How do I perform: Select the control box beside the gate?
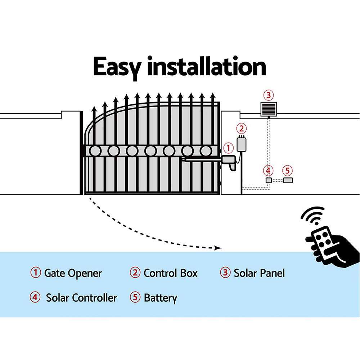click(x=240, y=145)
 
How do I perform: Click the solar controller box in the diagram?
click(x=268, y=180)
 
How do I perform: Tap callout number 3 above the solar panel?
click(x=268, y=95)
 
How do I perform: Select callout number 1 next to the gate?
click(x=228, y=148)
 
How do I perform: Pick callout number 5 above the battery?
click(x=287, y=170)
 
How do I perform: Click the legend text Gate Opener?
click(x=73, y=273)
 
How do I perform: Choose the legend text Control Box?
click(x=170, y=273)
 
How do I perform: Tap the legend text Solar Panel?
click(x=259, y=273)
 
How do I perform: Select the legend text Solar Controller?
click(x=81, y=298)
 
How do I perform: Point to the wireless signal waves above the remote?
click(x=312, y=217)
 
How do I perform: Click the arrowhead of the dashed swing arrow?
click(x=217, y=248)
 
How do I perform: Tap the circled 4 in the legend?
click(x=35, y=298)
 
